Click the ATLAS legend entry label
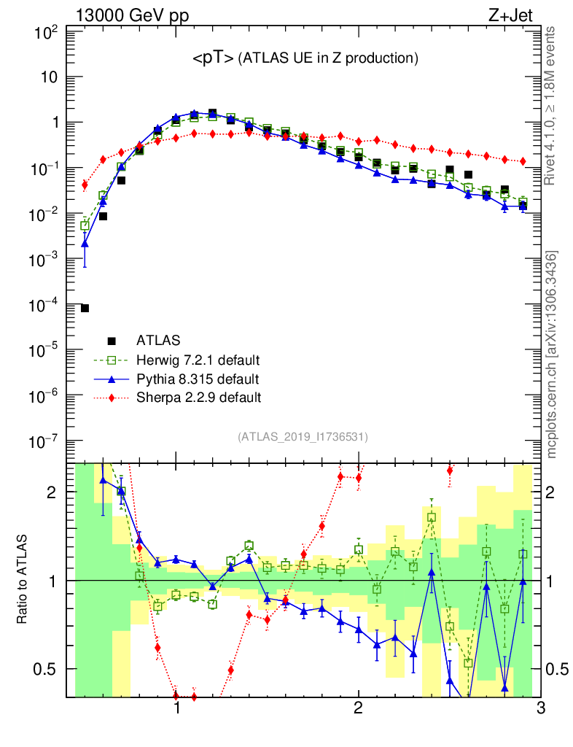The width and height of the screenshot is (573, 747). [x=158, y=340]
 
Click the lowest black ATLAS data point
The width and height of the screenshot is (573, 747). [x=85, y=309]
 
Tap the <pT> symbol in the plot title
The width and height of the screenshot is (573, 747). [x=214, y=57]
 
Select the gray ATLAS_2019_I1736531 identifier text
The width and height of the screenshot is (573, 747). [x=303, y=437]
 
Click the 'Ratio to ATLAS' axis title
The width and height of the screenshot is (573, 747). [x=23, y=580]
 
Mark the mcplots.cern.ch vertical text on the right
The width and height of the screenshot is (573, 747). [x=552, y=354]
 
